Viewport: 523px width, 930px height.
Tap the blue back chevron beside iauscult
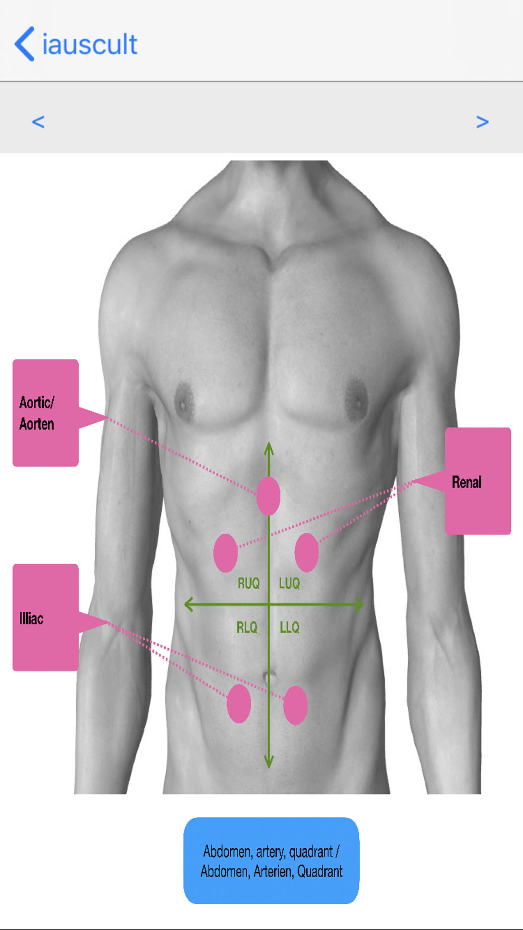point(24,44)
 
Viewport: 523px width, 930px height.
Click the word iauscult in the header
point(90,44)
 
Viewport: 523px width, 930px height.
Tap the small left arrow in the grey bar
point(38,122)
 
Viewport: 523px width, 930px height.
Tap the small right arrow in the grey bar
point(482,122)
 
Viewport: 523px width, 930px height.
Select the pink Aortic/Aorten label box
point(45,413)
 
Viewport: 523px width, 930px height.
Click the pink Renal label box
point(478,481)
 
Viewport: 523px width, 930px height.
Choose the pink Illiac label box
point(45,617)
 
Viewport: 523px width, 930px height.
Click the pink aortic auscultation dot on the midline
point(268,496)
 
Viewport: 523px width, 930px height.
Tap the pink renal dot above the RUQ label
point(226,553)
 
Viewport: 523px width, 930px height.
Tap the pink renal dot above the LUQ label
point(307,552)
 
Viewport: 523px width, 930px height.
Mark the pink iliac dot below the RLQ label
point(239,704)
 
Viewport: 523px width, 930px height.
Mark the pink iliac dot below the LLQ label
point(295,705)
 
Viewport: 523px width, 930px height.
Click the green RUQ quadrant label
point(248,583)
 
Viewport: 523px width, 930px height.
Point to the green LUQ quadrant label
point(289,583)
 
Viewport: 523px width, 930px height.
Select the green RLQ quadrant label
point(247,628)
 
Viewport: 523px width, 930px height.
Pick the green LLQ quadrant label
point(290,628)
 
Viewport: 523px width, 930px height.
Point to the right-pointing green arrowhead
point(358,604)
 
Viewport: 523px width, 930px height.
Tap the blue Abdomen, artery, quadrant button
point(271,861)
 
